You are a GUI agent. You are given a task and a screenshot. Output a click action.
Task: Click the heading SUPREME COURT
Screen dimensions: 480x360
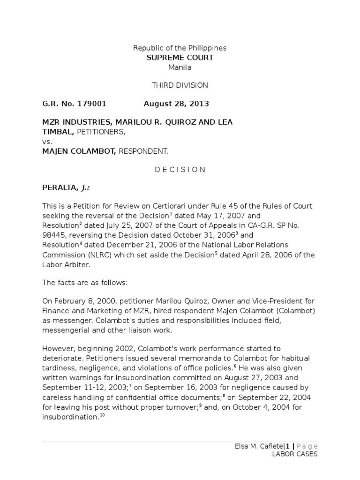point(180,58)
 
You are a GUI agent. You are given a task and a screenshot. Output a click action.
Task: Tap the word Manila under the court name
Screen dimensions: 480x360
point(180,67)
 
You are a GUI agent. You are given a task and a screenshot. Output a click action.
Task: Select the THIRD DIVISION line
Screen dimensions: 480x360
point(180,85)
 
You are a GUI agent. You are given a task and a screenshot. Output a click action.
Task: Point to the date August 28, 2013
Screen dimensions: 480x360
point(176,104)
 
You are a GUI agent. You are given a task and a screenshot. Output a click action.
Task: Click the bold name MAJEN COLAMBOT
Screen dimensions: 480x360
point(75,151)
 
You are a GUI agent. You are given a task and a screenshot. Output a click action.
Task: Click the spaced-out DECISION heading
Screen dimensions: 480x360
point(180,170)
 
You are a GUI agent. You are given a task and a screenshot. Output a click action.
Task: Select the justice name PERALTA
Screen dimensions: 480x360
point(59,188)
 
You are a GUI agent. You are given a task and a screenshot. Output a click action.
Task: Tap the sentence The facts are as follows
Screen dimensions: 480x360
point(82,283)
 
